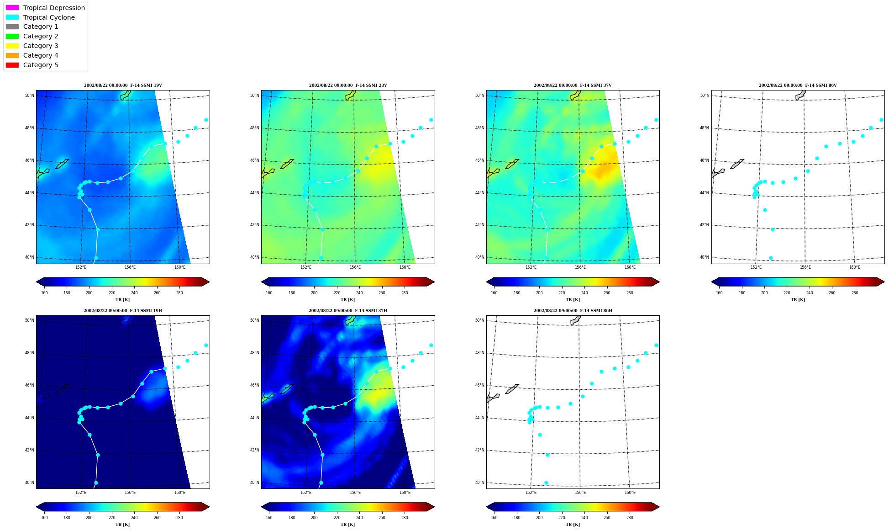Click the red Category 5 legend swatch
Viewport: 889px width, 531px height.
coord(12,65)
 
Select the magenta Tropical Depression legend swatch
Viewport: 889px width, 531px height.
coord(12,8)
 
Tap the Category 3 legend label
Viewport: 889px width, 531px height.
coord(41,46)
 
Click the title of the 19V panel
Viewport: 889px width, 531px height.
coord(123,85)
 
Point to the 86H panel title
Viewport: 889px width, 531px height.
coord(573,311)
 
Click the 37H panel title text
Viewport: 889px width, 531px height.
coord(347,311)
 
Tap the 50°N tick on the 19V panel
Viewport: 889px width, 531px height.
coord(29,96)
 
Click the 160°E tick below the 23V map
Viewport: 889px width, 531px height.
coord(405,267)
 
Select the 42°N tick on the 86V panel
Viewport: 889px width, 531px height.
coord(705,225)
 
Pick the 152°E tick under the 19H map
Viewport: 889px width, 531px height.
coord(81,493)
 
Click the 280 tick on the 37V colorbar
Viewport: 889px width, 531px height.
coord(629,293)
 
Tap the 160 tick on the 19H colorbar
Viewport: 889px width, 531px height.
coord(44,518)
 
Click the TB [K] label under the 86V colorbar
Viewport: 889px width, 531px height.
coord(798,300)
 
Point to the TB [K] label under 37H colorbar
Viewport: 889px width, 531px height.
coord(347,525)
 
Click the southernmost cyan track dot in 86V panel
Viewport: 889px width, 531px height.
coord(771,258)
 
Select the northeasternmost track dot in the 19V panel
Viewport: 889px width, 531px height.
coord(206,120)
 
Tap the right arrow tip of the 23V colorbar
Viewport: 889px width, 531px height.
coord(434,281)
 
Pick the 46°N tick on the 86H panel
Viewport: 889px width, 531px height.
coord(479,385)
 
